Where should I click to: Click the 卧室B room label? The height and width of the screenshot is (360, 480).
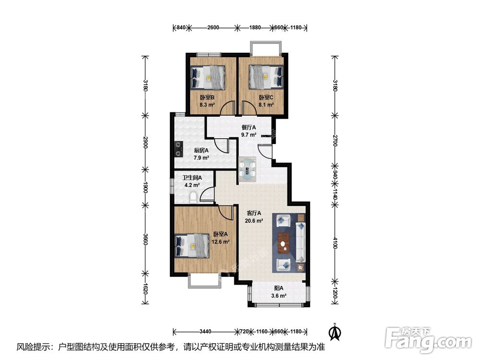coord(207,97)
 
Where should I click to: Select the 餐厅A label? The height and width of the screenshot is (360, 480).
coord(249,128)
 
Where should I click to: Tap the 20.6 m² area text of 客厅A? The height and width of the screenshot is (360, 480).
coord(254,221)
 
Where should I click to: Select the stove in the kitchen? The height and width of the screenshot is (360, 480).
coord(179,148)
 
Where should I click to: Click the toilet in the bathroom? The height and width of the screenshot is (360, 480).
coord(193,197)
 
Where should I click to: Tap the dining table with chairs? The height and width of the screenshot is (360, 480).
coord(248,169)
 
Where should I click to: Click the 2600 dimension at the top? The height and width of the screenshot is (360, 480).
coord(214,27)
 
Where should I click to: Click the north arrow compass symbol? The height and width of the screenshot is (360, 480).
coord(334,331)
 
